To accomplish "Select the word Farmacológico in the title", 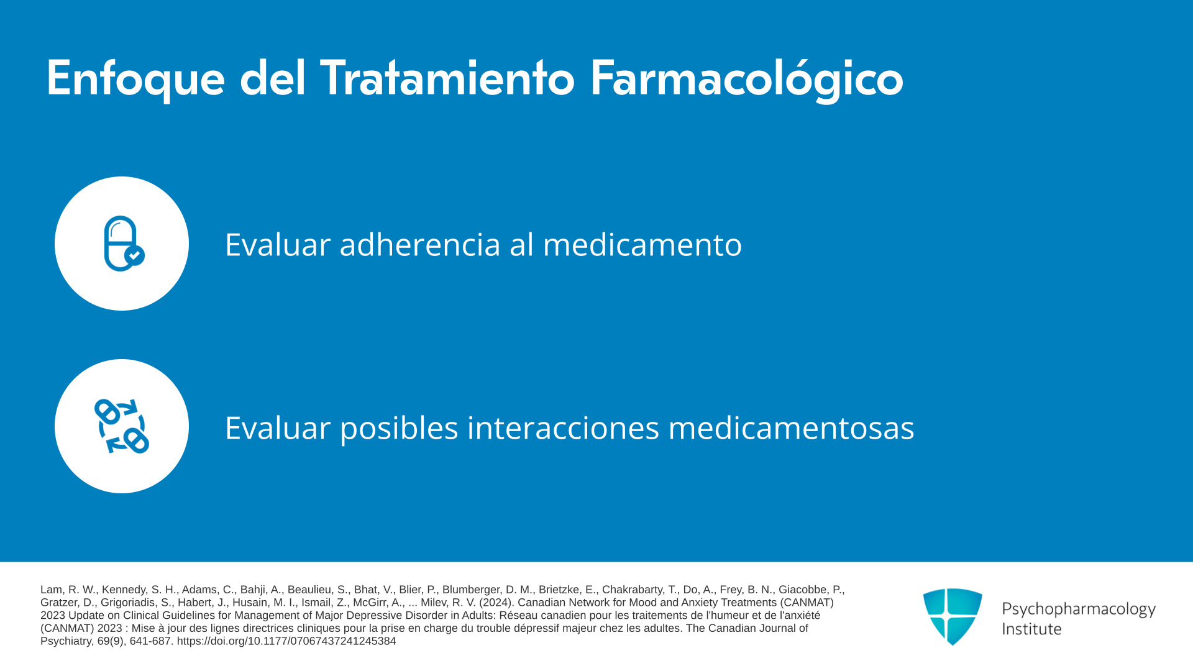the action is point(746,79).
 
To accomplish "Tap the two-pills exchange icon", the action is point(122,426).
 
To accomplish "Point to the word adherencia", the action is point(420,244).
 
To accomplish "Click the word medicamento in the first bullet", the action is point(642,244).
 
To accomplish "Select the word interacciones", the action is point(563,427).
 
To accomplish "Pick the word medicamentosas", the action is point(791,427).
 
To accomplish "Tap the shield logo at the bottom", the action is point(953,616).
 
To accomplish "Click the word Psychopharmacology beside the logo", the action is point(1079,609).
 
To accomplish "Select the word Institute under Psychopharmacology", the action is point(1031,629).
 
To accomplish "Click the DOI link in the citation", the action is point(286,641).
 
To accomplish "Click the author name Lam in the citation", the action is point(52,590).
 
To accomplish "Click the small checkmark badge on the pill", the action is point(134,255).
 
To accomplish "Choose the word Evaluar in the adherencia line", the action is point(278,244).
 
